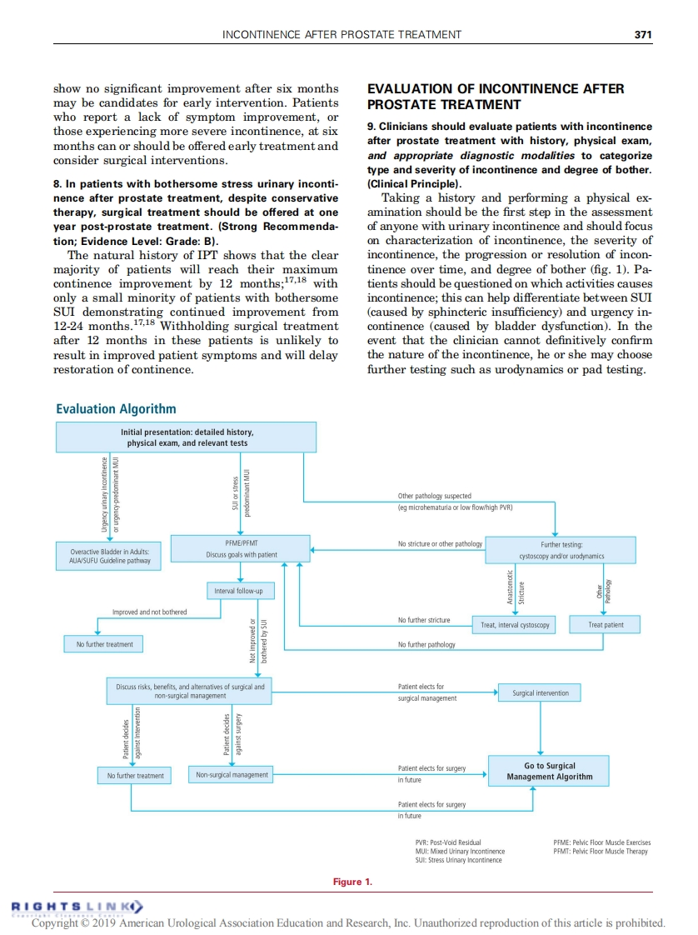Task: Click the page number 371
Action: (x=642, y=34)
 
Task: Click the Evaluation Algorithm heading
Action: (x=116, y=408)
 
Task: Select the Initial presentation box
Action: (x=187, y=437)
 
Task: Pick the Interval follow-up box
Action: (x=238, y=591)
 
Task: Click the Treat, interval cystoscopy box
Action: (x=515, y=625)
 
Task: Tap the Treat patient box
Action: (x=606, y=625)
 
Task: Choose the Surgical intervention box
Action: (x=541, y=692)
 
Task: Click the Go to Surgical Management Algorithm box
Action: (x=549, y=771)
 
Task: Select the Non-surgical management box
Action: (x=232, y=775)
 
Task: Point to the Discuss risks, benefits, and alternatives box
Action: (x=190, y=691)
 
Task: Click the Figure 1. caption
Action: (x=352, y=882)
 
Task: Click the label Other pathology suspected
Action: (x=434, y=497)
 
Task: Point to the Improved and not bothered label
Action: (x=150, y=612)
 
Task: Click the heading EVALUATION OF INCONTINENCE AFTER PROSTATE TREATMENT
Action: (x=496, y=97)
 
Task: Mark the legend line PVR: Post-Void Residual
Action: (x=448, y=842)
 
